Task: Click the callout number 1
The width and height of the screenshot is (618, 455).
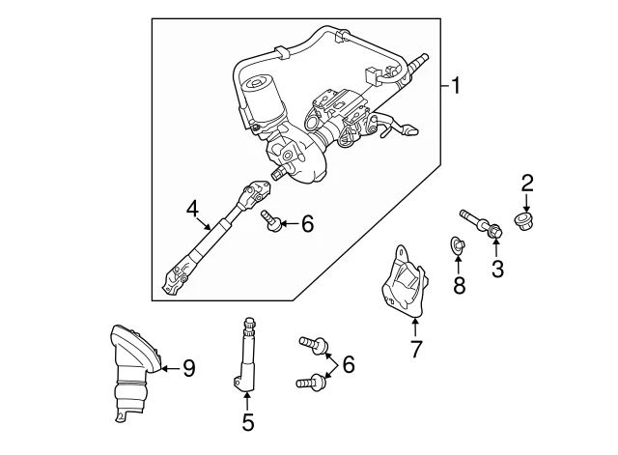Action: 456,87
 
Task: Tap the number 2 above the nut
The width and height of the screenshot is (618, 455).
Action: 527,182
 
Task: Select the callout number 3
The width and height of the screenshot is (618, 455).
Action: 497,270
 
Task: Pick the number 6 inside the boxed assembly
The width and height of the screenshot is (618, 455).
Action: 307,225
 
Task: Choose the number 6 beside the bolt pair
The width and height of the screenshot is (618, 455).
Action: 348,364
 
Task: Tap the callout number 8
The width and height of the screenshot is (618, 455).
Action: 459,285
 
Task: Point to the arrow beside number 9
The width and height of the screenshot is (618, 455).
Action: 168,367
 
